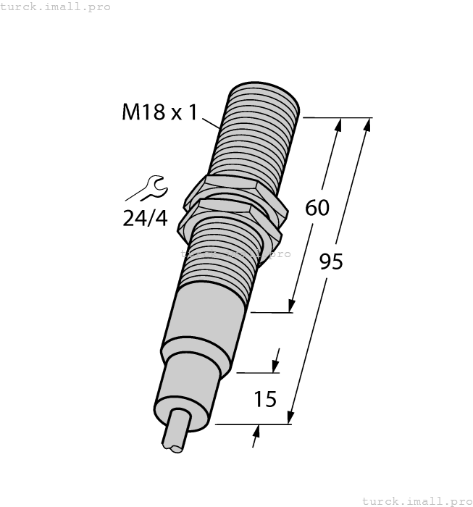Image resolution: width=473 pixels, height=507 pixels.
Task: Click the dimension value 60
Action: click(x=317, y=208)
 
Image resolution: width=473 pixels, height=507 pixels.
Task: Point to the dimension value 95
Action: click(x=331, y=261)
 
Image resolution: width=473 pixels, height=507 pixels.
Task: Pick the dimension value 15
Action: click(x=265, y=398)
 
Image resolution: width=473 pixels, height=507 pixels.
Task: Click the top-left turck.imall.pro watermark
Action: click(x=56, y=7)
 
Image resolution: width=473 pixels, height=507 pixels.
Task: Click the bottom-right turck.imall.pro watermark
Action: click(x=417, y=500)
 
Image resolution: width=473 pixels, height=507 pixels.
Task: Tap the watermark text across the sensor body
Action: click(x=235, y=253)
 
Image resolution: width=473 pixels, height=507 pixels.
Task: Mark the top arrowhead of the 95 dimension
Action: click(x=367, y=125)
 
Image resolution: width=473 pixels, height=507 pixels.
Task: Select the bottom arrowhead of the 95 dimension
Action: click(x=290, y=417)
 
